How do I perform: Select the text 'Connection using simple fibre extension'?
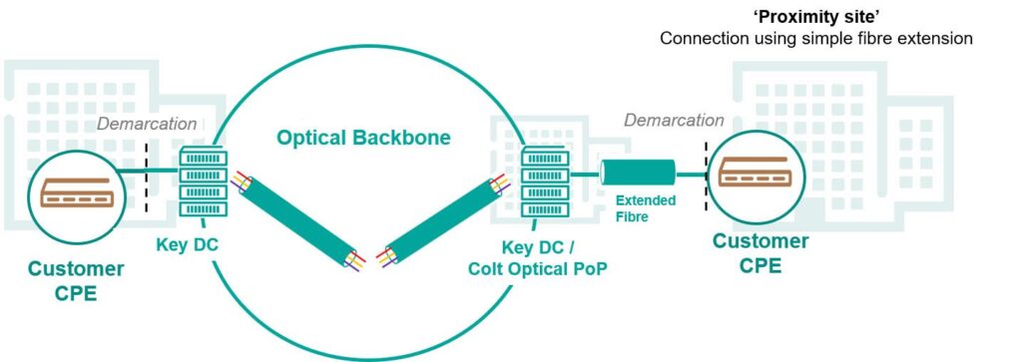[814, 39]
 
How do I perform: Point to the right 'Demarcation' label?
[674, 121]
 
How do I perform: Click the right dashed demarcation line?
[707, 176]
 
